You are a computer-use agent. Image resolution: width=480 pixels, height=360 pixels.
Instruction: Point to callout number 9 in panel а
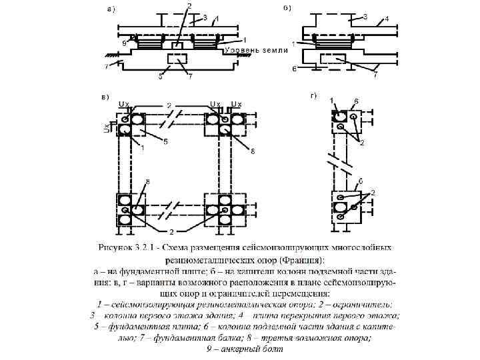point(124,43)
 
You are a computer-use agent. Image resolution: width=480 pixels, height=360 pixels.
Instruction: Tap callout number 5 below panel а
point(160,77)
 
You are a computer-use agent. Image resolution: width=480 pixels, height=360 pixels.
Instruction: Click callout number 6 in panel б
point(294,69)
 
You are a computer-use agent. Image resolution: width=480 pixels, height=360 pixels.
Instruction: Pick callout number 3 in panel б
point(366,16)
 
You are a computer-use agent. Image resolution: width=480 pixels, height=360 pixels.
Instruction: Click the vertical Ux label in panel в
point(106,127)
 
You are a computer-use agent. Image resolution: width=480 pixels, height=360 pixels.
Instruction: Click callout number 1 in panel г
point(332,100)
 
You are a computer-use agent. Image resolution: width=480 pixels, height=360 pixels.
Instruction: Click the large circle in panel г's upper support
point(341,118)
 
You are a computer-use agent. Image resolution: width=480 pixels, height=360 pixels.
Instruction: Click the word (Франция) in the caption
point(301,260)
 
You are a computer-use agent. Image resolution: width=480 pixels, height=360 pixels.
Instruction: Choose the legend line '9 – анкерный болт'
point(241,349)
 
